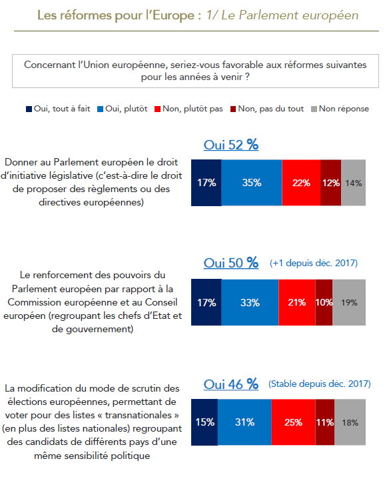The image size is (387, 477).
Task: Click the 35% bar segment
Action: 252,183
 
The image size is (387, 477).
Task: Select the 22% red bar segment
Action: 301,183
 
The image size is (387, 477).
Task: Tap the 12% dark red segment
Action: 331,183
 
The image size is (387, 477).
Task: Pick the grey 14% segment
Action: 353,183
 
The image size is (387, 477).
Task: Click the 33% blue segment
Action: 250,302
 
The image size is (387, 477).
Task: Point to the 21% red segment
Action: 297,302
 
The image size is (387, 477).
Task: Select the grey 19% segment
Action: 349,302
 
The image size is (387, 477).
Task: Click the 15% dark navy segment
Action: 204,422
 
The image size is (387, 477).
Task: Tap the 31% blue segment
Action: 244,422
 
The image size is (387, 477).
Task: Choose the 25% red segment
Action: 294,422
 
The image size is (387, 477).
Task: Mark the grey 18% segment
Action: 350,422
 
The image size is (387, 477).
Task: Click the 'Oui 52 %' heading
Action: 231,145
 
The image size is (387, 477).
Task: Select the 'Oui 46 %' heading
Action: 231,384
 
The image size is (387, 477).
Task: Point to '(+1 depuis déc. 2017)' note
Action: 314,263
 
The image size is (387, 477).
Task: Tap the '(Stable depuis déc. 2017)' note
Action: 320,384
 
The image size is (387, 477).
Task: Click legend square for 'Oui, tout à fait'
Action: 29,109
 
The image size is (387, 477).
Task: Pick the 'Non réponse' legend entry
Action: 340,109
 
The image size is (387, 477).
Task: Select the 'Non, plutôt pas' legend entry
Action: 189,109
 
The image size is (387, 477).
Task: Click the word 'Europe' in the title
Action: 173,15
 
